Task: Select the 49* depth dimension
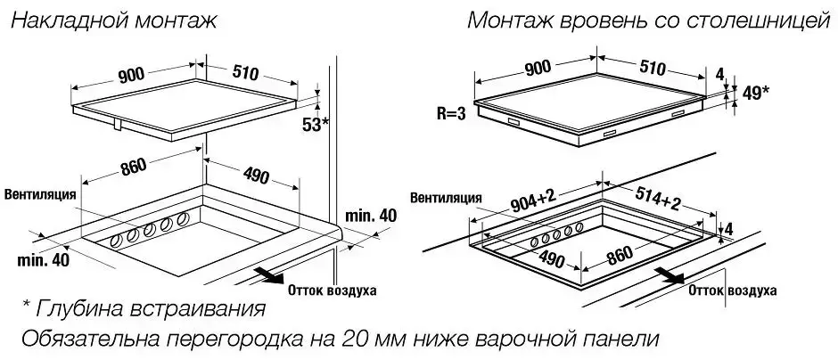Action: click(x=753, y=93)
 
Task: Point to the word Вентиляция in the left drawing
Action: click(x=41, y=192)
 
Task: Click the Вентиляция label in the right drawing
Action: click(x=447, y=197)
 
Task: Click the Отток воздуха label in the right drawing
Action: click(x=732, y=290)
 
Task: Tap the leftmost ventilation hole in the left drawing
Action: click(x=115, y=241)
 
